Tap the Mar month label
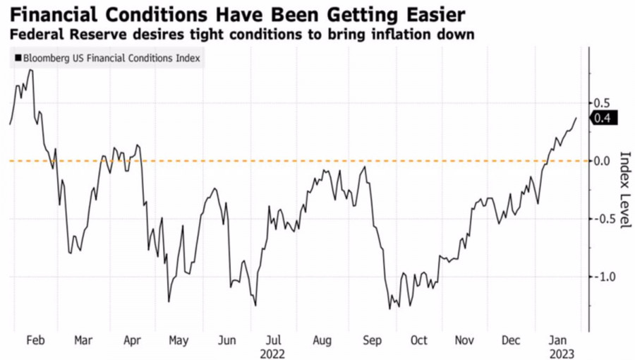coord(83,340)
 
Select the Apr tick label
coord(132,340)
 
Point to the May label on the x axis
coord(179,340)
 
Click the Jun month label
coord(226,340)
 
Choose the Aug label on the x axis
coord(321,340)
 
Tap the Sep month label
coord(371,340)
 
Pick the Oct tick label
coord(418,340)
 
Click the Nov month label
coord(464,340)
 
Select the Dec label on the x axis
coord(512,340)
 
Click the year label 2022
coord(273,352)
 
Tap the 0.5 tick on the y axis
coord(601,103)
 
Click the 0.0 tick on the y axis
coord(601,161)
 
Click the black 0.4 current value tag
coord(603,119)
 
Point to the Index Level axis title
coord(624,189)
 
